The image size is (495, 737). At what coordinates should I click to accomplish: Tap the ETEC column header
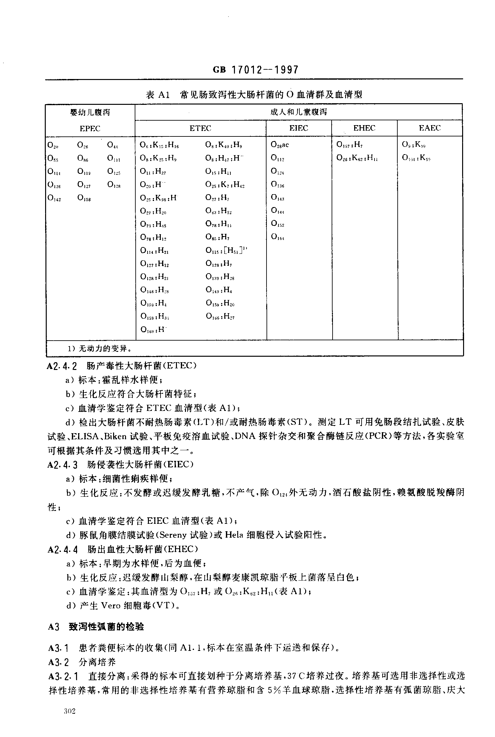(200, 128)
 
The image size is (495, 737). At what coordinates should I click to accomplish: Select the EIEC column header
(299, 128)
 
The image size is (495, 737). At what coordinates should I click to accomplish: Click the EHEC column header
(364, 128)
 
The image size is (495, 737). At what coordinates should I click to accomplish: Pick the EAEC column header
(430, 128)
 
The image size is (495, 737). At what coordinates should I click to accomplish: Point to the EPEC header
(90, 129)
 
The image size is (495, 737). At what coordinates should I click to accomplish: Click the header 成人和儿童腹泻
(298, 112)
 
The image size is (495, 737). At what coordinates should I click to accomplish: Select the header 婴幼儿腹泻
(90, 112)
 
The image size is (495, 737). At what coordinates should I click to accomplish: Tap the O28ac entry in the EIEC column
(280, 145)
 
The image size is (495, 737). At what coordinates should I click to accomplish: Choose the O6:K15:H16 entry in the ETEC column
(159, 145)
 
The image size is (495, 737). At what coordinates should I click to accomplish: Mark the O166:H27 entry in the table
(220, 316)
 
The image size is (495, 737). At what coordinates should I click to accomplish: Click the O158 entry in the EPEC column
(84, 199)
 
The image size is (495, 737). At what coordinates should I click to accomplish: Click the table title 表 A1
(158, 95)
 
